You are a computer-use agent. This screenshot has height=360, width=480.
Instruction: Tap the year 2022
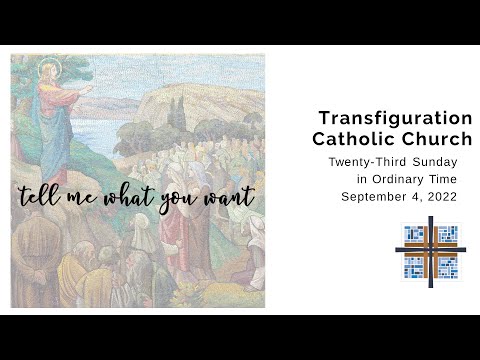coord(441,196)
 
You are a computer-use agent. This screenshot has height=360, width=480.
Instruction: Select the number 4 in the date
coord(413,196)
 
